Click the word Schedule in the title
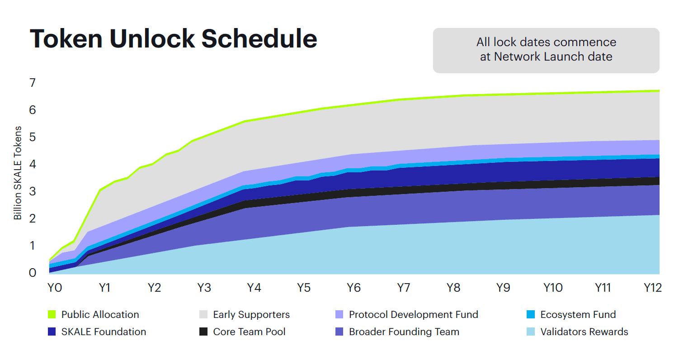pyautogui.click(x=259, y=39)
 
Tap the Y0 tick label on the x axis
pyautogui.click(x=55, y=288)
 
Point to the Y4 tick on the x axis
pyautogui.click(x=254, y=288)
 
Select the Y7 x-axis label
pyautogui.click(x=403, y=288)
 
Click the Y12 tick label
pyautogui.click(x=652, y=288)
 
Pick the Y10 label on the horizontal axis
pyautogui.click(x=552, y=288)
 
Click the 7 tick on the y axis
pyautogui.click(x=32, y=83)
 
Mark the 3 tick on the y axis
pyautogui.click(x=32, y=191)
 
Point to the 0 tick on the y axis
pyautogui.click(x=32, y=273)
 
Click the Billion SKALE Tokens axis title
pyautogui.click(x=18, y=173)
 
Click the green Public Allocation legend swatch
pyautogui.click(x=52, y=314)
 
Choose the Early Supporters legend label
pyautogui.click(x=251, y=314)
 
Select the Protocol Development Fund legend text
pyautogui.click(x=413, y=314)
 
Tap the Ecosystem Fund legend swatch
pyautogui.click(x=531, y=314)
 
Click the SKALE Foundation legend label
pyautogui.click(x=104, y=332)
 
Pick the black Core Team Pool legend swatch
pyautogui.click(x=203, y=332)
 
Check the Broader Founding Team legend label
pyautogui.click(x=404, y=332)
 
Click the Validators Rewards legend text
pyautogui.click(x=584, y=332)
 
